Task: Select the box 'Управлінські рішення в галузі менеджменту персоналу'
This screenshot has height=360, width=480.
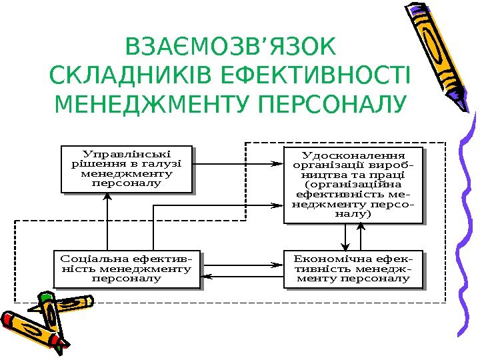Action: (126, 169)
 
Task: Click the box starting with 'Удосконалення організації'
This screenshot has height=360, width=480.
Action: (354, 185)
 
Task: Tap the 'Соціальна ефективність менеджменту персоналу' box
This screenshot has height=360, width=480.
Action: (126, 269)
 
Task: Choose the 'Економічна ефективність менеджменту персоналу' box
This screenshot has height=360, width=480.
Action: (353, 269)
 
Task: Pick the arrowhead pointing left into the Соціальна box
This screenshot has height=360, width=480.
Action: (206, 275)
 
